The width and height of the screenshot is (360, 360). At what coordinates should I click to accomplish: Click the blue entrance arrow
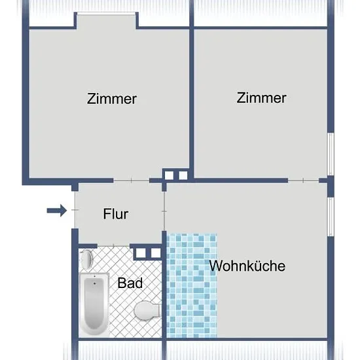(57, 210)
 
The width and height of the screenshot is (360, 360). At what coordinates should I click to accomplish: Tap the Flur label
(116, 214)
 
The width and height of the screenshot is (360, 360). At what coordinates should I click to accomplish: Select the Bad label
(130, 283)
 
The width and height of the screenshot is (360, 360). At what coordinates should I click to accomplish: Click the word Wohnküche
(247, 266)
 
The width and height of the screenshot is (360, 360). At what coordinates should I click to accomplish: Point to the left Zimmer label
(112, 99)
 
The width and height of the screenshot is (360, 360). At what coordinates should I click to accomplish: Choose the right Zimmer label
(262, 98)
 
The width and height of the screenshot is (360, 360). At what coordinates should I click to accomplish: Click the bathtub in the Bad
(95, 304)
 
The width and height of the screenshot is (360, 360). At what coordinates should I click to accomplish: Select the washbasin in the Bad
(86, 259)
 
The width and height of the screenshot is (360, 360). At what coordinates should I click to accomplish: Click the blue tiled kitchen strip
(192, 285)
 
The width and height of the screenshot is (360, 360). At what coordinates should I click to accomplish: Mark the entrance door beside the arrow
(75, 210)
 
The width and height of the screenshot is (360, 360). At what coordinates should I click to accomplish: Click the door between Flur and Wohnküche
(164, 211)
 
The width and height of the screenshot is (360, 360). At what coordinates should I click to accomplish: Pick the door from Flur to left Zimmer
(132, 181)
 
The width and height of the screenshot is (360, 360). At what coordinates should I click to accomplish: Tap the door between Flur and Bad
(114, 246)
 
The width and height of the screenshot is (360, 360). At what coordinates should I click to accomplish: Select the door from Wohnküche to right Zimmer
(304, 181)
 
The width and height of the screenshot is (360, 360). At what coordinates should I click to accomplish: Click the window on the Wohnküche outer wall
(331, 217)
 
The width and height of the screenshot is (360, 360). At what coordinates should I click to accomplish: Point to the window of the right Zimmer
(331, 154)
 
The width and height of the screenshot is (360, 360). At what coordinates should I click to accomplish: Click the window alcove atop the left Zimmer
(107, 21)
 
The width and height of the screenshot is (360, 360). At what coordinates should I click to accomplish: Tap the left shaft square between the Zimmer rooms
(169, 175)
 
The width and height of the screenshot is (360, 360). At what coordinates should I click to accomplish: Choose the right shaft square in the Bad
(156, 253)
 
